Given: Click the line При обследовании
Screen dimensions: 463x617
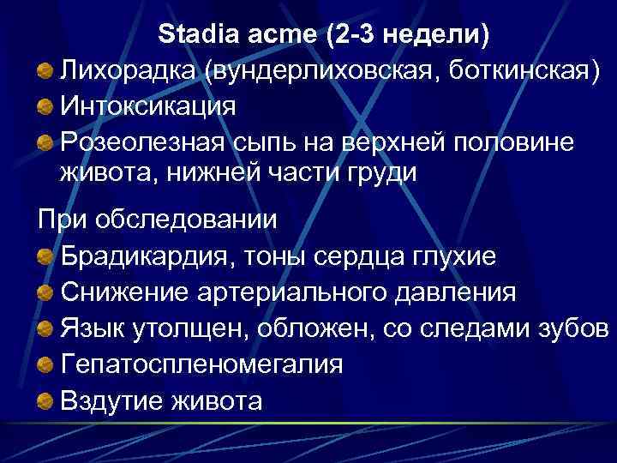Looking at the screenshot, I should [x=158, y=218].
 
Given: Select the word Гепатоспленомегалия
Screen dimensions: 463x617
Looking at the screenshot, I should [x=201, y=364].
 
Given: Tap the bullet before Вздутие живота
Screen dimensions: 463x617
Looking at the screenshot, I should [x=45, y=400].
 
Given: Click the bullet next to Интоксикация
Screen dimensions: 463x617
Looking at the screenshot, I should [x=45, y=106].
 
